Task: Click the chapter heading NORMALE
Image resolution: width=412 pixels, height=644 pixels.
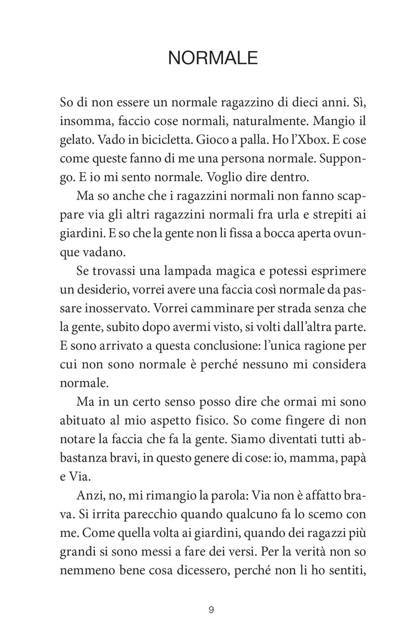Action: coord(213,58)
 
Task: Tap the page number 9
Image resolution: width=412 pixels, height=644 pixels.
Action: coord(211,610)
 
